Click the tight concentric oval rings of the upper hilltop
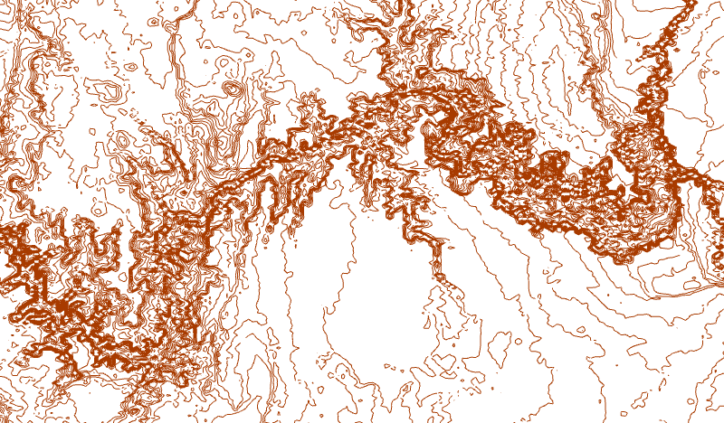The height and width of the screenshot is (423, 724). tap(233, 90)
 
